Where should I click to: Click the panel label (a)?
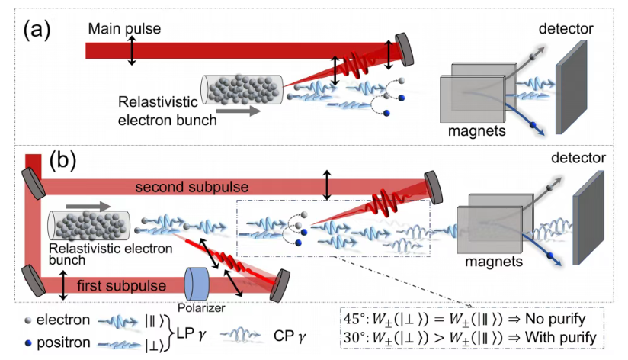37,30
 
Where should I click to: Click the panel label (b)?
62,160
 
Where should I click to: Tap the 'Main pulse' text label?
124,28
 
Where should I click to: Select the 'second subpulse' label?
192,187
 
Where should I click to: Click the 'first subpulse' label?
121,285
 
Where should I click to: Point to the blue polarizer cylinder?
197,284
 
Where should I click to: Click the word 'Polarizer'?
201,307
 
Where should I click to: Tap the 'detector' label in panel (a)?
566,28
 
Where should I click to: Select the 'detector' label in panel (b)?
578,158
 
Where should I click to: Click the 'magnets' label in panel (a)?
476,130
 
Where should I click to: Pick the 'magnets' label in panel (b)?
494,262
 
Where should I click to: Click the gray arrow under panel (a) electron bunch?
239,111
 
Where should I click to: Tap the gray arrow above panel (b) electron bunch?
88,207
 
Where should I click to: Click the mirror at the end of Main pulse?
404,50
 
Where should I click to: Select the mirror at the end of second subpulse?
434,188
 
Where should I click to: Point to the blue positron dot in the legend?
28,342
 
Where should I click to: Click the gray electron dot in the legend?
28,320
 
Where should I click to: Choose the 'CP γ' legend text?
290,336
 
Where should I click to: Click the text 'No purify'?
555,319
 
